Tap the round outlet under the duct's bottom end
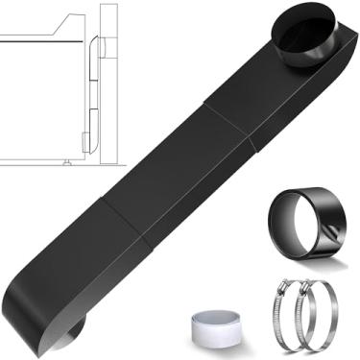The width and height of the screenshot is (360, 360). (x=72, y=333)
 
